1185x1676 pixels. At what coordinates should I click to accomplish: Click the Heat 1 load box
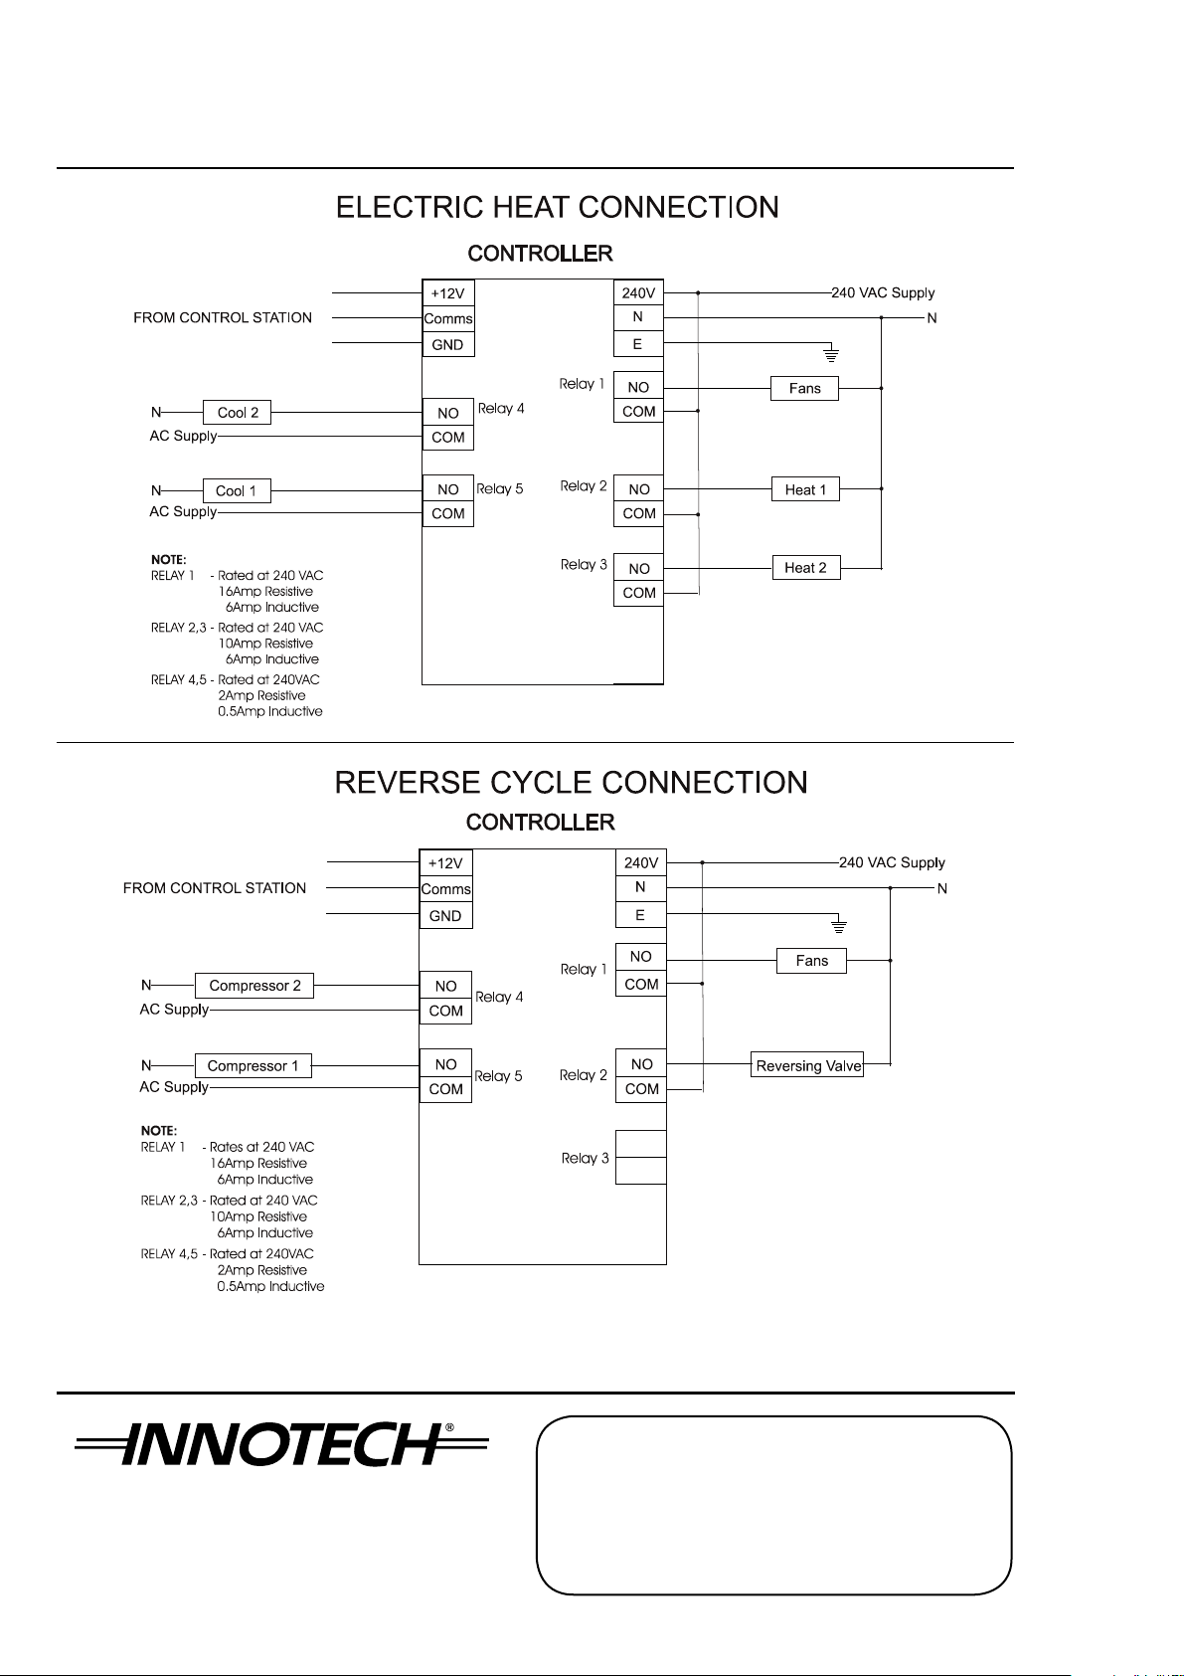[805, 489]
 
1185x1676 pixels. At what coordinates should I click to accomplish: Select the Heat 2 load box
[806, 567]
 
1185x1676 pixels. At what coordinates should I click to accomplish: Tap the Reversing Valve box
[806, 1064]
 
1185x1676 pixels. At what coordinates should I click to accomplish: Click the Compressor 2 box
[254, 986]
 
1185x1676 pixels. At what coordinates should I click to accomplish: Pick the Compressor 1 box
[254, 1065]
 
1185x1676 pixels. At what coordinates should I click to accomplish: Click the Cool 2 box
[237, 412]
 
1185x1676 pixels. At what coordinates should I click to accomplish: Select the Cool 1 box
[237, 490]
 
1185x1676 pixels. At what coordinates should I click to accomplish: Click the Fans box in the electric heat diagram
[804, 388]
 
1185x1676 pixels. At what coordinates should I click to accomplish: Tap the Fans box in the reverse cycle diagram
[811, 961]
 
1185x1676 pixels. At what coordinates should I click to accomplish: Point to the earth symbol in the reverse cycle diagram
[839, 925]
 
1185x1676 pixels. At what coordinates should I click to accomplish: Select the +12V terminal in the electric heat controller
[447, 293]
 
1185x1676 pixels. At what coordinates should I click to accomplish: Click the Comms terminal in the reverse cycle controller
[445, 889]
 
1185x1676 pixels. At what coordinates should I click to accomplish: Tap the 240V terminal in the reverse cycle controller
[641, 862]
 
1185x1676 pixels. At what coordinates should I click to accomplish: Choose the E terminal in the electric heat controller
[637, 344]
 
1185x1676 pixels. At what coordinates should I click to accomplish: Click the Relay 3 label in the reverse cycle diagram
[585, 1158]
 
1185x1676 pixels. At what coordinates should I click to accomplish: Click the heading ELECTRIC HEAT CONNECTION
[557, 207]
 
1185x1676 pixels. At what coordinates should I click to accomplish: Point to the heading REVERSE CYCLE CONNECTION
[571, 783]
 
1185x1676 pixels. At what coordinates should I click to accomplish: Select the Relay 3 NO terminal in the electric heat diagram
[638, 569]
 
